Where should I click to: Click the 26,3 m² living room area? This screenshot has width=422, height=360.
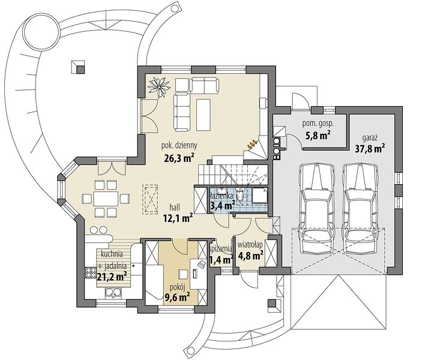[179, 158]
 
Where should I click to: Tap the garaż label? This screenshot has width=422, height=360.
[370, 138]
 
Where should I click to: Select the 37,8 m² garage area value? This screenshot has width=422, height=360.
[370, 148]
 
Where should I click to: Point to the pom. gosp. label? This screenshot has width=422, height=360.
[318, 124]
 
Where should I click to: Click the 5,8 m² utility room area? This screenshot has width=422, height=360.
[318, 136]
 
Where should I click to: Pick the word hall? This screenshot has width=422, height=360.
[175, 207]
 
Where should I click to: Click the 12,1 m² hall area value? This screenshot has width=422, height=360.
[178, 218]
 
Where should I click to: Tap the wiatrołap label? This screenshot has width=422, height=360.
[250, 245]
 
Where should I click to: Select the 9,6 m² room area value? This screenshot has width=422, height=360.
[177, 297]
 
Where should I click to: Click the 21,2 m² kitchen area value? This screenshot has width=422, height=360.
[112, 277]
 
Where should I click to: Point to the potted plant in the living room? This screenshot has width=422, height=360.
[159, 87]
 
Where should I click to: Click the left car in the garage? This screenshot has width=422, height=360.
[317, 208]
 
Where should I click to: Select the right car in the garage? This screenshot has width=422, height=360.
[361, 208]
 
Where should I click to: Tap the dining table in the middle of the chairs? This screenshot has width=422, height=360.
[106, 199]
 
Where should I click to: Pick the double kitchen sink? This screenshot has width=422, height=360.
[113, 293]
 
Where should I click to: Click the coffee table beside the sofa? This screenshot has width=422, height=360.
[203, 115]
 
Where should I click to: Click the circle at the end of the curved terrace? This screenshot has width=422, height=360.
[41, 32]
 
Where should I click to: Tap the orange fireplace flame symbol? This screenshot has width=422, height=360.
[252, 145]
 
